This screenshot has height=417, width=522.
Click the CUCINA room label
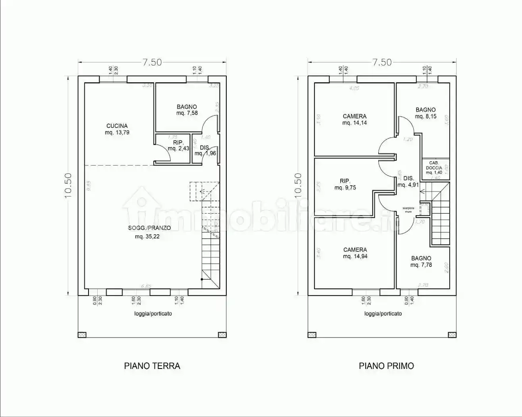(x=117, y=126)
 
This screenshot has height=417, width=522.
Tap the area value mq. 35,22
(x=147, y=237)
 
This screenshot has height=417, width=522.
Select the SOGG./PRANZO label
(x=149, y=228)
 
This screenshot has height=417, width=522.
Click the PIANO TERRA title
(x=152, y=366)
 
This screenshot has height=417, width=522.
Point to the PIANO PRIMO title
(x=386, y=366)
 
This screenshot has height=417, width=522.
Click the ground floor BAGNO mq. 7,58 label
(x=187, y=110)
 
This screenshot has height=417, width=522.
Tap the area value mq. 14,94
(x=355, y=257)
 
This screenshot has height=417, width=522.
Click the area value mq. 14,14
(x=354, y=123)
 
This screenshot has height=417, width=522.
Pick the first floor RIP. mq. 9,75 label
(x=345, y=185)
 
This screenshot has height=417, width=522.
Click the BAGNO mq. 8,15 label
(x=426, y=113)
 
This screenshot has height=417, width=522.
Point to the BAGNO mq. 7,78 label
(x=421, y=262)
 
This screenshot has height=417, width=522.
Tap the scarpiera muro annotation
(x=408, y=210)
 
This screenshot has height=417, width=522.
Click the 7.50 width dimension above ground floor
(x=152, y=62)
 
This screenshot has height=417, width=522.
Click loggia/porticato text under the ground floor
(x=153, y=313)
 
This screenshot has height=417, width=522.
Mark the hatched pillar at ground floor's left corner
(x=82, y=334)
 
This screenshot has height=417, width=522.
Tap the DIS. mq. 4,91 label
(x=408, y=181)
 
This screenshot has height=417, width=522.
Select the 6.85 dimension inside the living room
(x=147, y=286)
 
